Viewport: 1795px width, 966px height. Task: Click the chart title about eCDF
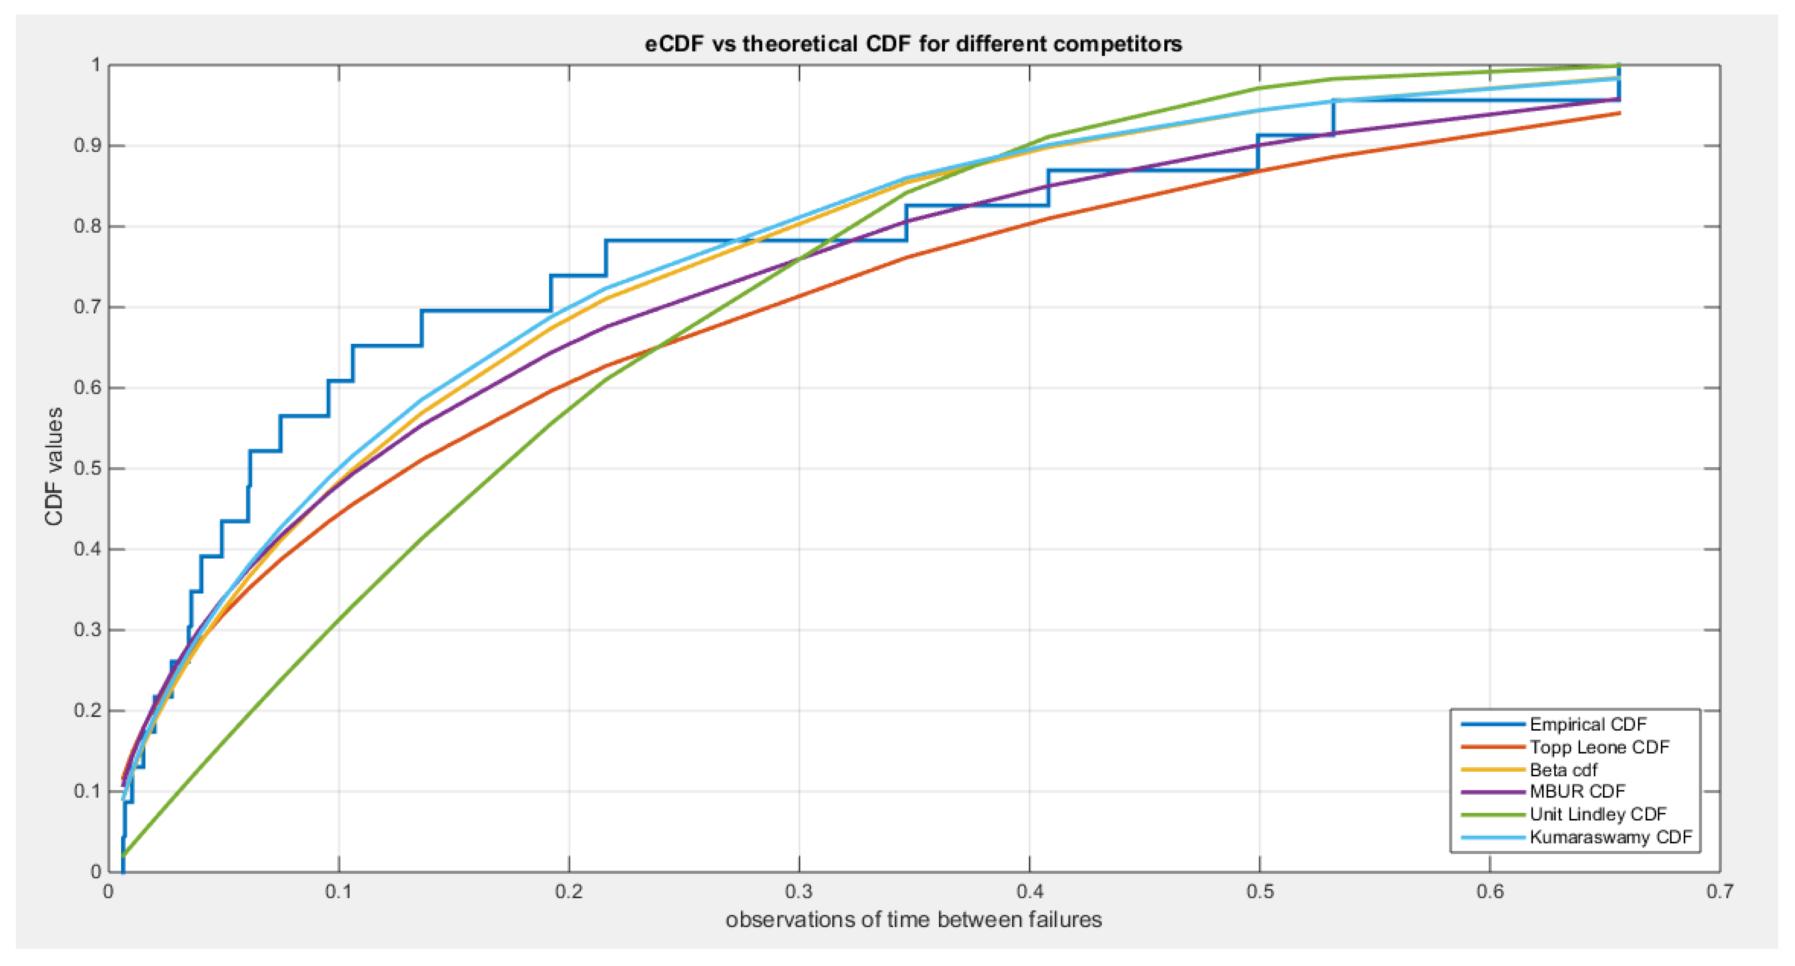[x=913, y=44]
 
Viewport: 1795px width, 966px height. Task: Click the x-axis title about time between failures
[x=913, y=919]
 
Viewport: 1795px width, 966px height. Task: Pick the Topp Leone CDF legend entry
[x=1599, y=747]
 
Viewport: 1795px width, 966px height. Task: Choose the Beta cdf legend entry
[x=1563, y=769]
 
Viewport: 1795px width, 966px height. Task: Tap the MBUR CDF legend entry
[x=1577, y=791]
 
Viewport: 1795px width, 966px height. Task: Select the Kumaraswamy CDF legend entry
[x=1610, y=837]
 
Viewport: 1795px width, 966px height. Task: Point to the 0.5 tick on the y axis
[x=87, y=469]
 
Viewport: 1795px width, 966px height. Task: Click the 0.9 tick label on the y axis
[x=87, y=145]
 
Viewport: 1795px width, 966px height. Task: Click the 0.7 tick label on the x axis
[x=1719, y=891]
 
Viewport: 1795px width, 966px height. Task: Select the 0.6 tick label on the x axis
[x=1489, y=891]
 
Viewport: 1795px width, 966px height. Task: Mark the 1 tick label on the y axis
[x=95, y=66]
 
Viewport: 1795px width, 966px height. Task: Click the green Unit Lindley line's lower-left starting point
[x=122, y=855]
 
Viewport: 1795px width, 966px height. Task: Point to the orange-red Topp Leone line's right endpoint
[x=1619, y=113]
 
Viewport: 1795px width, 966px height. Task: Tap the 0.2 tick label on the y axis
[x=87, y=710]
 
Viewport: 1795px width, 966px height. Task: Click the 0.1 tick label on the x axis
[x=339, y=891]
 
